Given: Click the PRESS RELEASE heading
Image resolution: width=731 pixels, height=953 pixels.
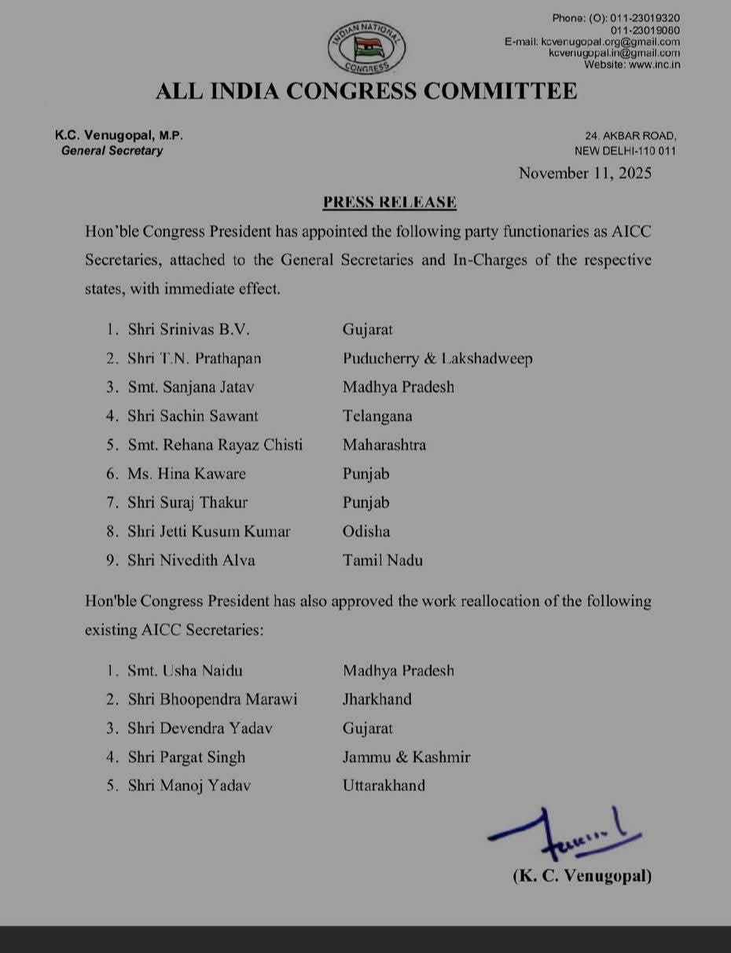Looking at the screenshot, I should [x=390, y=202].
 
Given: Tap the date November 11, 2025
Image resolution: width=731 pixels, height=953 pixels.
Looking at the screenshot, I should [x=585, y=174].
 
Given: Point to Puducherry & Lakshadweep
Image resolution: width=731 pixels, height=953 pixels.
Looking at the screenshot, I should [x=438, y=358].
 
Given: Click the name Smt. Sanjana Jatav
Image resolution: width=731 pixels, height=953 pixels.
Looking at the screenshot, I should [x=193, y=387].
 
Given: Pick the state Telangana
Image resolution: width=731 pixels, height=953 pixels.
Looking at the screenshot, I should [x=377, y=416].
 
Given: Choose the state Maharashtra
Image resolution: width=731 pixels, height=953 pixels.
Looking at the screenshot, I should [x=384, y=445].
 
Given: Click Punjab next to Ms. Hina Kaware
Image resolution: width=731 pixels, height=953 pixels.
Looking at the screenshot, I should [x=366, y=474].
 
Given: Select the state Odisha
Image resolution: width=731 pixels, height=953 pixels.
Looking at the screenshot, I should [x=366, y=531].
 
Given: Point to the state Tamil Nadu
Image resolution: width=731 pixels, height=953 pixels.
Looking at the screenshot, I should [x=383, y=560].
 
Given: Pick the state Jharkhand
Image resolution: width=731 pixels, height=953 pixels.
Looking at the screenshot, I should [x=377, y=699].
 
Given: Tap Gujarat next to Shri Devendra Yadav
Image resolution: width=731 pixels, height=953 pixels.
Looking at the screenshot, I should [x=368, y=728].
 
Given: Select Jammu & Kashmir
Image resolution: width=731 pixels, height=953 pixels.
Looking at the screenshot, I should [x=406, y=757].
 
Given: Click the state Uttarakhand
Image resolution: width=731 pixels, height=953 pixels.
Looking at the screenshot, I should [x=384, y=785].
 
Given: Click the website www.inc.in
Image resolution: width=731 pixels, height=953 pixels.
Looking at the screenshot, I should [x=632, y=64].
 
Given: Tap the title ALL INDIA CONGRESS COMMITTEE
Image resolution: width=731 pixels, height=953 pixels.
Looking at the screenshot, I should [x=366, y=91].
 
